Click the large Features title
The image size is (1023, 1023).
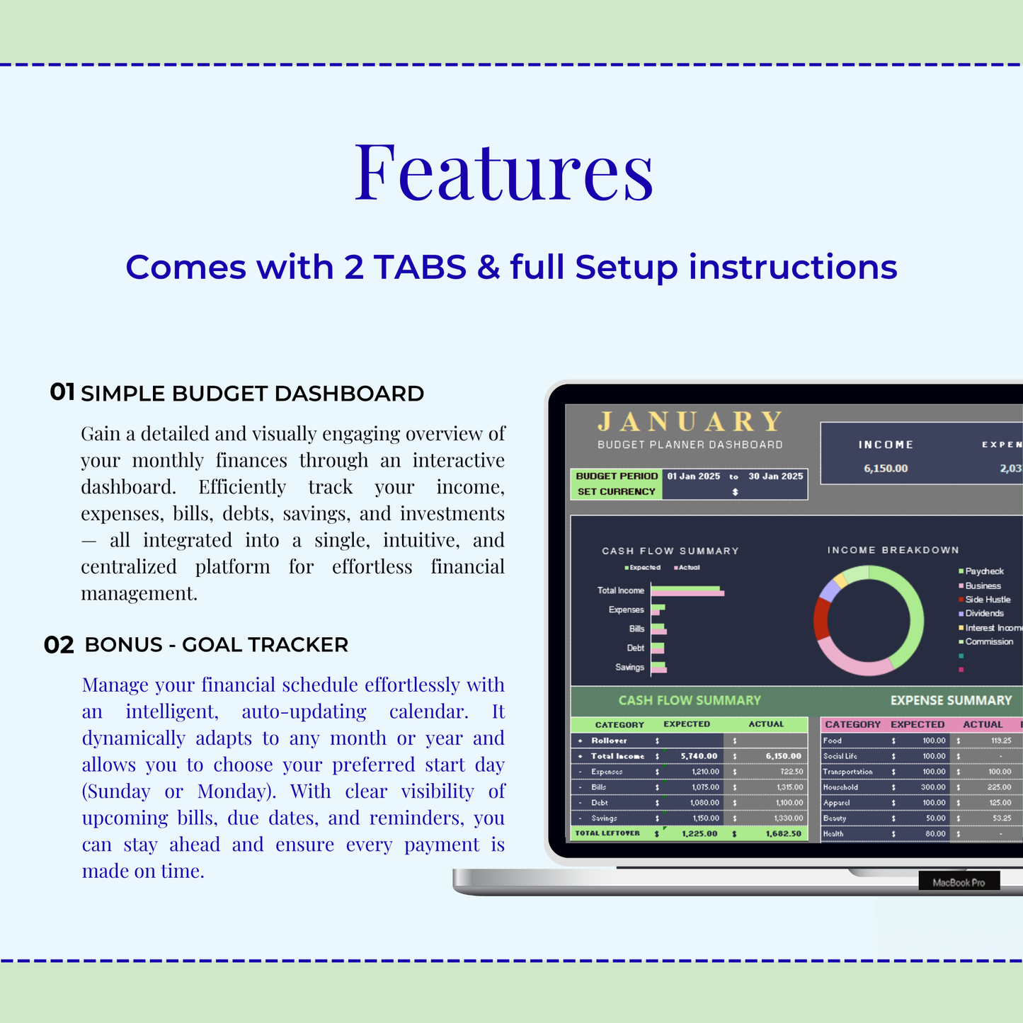pos(504,172)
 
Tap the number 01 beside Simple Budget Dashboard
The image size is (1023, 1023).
pos(62,392)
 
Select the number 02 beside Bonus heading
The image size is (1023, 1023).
pos(59,645)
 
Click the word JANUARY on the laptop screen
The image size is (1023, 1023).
pos(690,422)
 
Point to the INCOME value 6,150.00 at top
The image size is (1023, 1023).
pos(886,469)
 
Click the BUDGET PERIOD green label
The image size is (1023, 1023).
pos(617,476)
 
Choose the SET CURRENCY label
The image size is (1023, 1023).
pos(617,491)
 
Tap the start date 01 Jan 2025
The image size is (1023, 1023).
pos(694,476)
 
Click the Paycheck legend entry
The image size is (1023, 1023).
pos(984,571)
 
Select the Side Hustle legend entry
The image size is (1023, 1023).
pos(987,600)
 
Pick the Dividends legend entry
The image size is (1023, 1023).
pos(984,614)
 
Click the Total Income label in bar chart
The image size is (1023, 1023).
pos(621,590)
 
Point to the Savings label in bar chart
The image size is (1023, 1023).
pos(629,668)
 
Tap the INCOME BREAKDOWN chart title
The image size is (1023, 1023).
pos(893,550)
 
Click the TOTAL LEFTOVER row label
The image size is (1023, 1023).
pos(607,833)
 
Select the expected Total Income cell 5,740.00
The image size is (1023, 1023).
pos(699,756)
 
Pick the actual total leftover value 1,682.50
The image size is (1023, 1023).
pos(783,834)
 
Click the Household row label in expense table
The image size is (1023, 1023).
pos(840,787)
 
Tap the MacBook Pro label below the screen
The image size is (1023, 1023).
pos(959,883)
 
